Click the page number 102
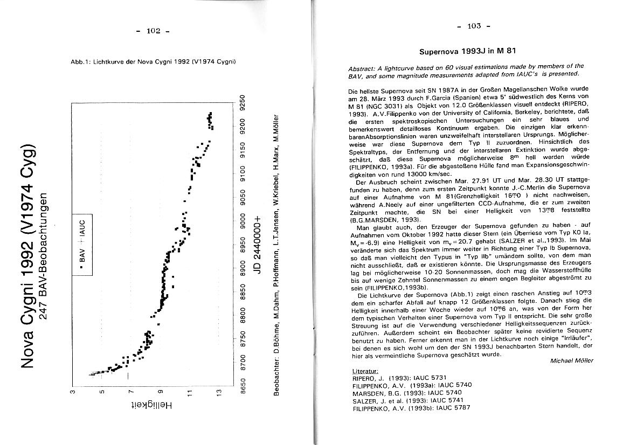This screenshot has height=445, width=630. pos(153,31)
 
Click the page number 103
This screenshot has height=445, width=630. pos(474,26)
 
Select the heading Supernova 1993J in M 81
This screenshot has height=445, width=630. pos(468,52)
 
